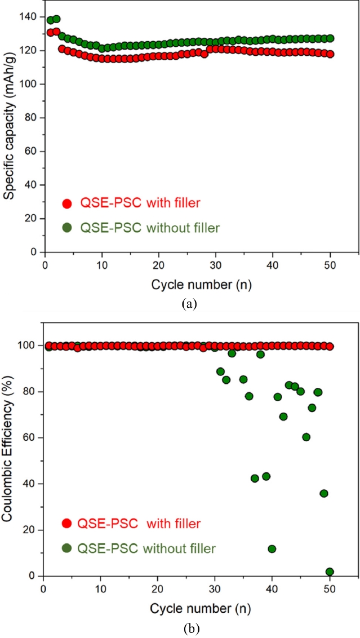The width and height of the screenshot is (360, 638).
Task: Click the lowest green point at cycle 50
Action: pos(330,571)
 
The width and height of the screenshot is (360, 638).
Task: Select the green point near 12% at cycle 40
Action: pos(272,548)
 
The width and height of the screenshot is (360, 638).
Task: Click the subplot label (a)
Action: pos(189,304)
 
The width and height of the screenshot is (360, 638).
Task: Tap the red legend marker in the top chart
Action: pos(68,204)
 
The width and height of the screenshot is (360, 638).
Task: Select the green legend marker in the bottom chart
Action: pos(66,547)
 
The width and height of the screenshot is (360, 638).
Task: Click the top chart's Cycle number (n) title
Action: pos(189,285)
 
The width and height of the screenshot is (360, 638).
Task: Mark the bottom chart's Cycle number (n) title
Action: pos(188,609)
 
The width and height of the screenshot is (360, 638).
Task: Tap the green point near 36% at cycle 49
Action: pos(323,493)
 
